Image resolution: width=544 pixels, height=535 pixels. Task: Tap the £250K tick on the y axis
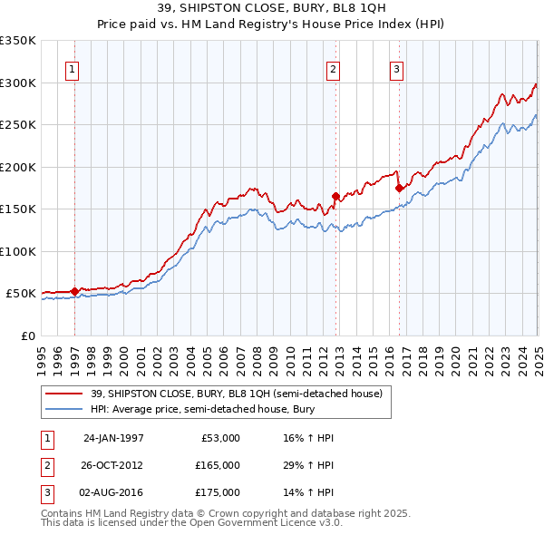coord(17,125)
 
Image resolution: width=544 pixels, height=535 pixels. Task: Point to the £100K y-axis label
coord(17,251)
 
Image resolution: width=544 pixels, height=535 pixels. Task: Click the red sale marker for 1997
coord(74,291)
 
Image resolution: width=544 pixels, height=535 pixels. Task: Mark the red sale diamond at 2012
coord(335,196)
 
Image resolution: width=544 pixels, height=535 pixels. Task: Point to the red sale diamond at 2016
coord(399,189)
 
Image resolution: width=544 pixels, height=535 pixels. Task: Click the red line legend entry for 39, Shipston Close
coord(237,394)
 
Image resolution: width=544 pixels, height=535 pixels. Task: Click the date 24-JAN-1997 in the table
coord(113,438)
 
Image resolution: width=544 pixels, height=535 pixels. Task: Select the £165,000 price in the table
coord(219,465)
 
